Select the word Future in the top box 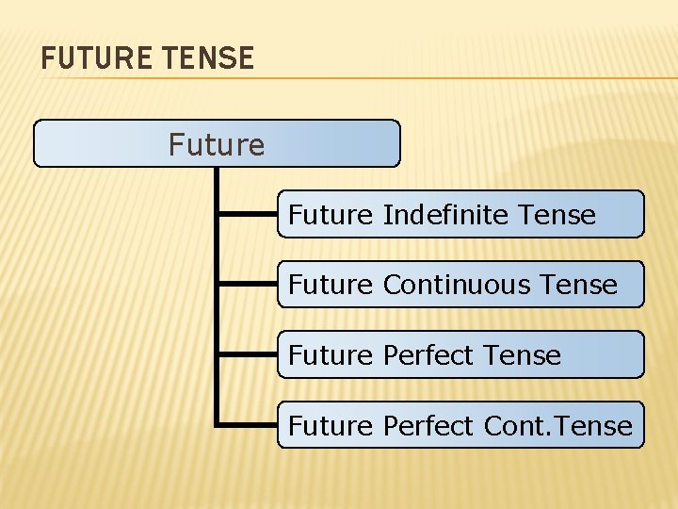[x=217, y=144]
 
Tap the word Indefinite [x=446, y=215]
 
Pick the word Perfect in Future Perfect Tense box [x=428, y=355]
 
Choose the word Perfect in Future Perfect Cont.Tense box [x=428, y=426]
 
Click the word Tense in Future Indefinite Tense [x=557, y=215]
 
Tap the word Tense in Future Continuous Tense [x=579, y=285]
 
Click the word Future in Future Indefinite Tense [x=331, y=215]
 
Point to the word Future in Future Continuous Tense [x=331, y=285]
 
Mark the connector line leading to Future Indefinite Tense [x=247, y=215]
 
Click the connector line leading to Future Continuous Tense [x=247, y=284]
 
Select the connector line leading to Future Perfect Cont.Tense [x=247, y=425]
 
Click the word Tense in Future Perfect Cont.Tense [x=595, y=426]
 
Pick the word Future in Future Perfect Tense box [x=331, y=355]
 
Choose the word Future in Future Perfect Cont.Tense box [x=331, y=426]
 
